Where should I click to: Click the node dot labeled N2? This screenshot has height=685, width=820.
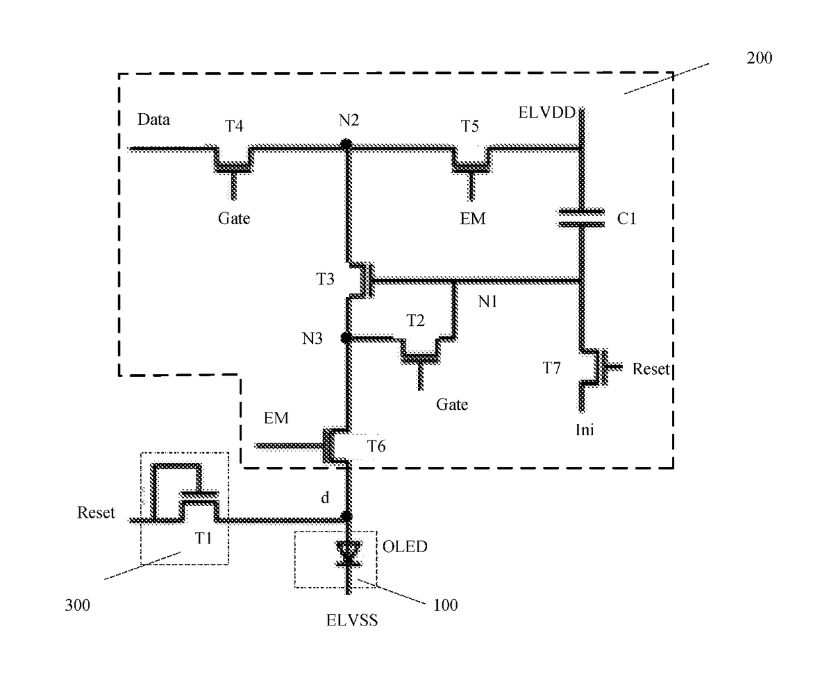click(x=346, y=145)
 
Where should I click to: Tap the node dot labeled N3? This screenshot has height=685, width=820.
click(x=346, y=337)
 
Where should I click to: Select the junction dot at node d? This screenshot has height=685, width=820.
click(x=347, y=516)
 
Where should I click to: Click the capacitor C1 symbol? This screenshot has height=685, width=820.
click(x=581, y=218)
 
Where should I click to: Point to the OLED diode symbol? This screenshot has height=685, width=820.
click(x=348, y=554)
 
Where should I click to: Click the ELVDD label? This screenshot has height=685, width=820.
click(x=547, y=112)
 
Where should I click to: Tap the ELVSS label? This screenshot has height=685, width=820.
click(x=352, y=620)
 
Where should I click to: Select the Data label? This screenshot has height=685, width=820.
click(x=153, y=120)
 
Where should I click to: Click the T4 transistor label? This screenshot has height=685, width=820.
click(x=234, y=126)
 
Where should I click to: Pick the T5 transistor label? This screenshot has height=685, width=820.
click(x=470, y=126)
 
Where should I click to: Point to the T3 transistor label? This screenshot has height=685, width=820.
click(x=325, y=279)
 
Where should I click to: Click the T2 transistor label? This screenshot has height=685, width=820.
click(x=415, y=321)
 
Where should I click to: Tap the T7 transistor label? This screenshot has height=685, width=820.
click(x=552, y=368)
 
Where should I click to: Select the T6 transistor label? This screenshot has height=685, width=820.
click(x=376, y=446)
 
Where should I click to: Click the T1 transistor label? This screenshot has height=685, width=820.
click(x=204, y=538)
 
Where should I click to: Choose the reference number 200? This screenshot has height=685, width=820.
click(x=759, y=58)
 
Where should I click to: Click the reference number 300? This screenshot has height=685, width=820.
click(x=77, y=605)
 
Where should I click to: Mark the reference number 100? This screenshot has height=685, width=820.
click(x=445, y=605)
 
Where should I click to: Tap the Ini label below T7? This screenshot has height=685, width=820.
click(x=585, y=430)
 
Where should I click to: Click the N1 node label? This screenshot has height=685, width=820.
click(x=488, y=302)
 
